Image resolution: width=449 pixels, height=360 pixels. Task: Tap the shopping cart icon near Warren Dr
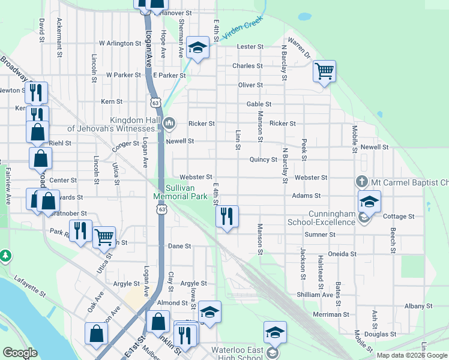coord(324,72)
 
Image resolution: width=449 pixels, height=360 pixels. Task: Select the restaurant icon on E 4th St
coord(227,216)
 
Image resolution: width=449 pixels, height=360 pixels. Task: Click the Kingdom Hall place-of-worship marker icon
coord(169,124)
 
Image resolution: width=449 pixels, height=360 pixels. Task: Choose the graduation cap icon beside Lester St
coord(197,48)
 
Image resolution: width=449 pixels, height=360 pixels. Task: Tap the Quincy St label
coord(264,160)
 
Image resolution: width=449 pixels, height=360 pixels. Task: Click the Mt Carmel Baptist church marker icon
coord(361,181)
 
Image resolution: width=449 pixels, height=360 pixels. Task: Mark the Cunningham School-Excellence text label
coord(332,218)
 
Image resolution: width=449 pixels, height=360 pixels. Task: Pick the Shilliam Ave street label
coord(315,295)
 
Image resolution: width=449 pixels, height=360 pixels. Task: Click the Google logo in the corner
coord(20,353)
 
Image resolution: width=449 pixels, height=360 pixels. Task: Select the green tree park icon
coord(5,256)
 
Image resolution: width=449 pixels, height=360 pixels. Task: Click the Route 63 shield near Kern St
coord(156,103)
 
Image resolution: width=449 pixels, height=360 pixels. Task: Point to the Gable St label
coord(259,104)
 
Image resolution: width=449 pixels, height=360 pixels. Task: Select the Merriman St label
coord(331,314)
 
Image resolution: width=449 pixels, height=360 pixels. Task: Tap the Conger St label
coord(125,144)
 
